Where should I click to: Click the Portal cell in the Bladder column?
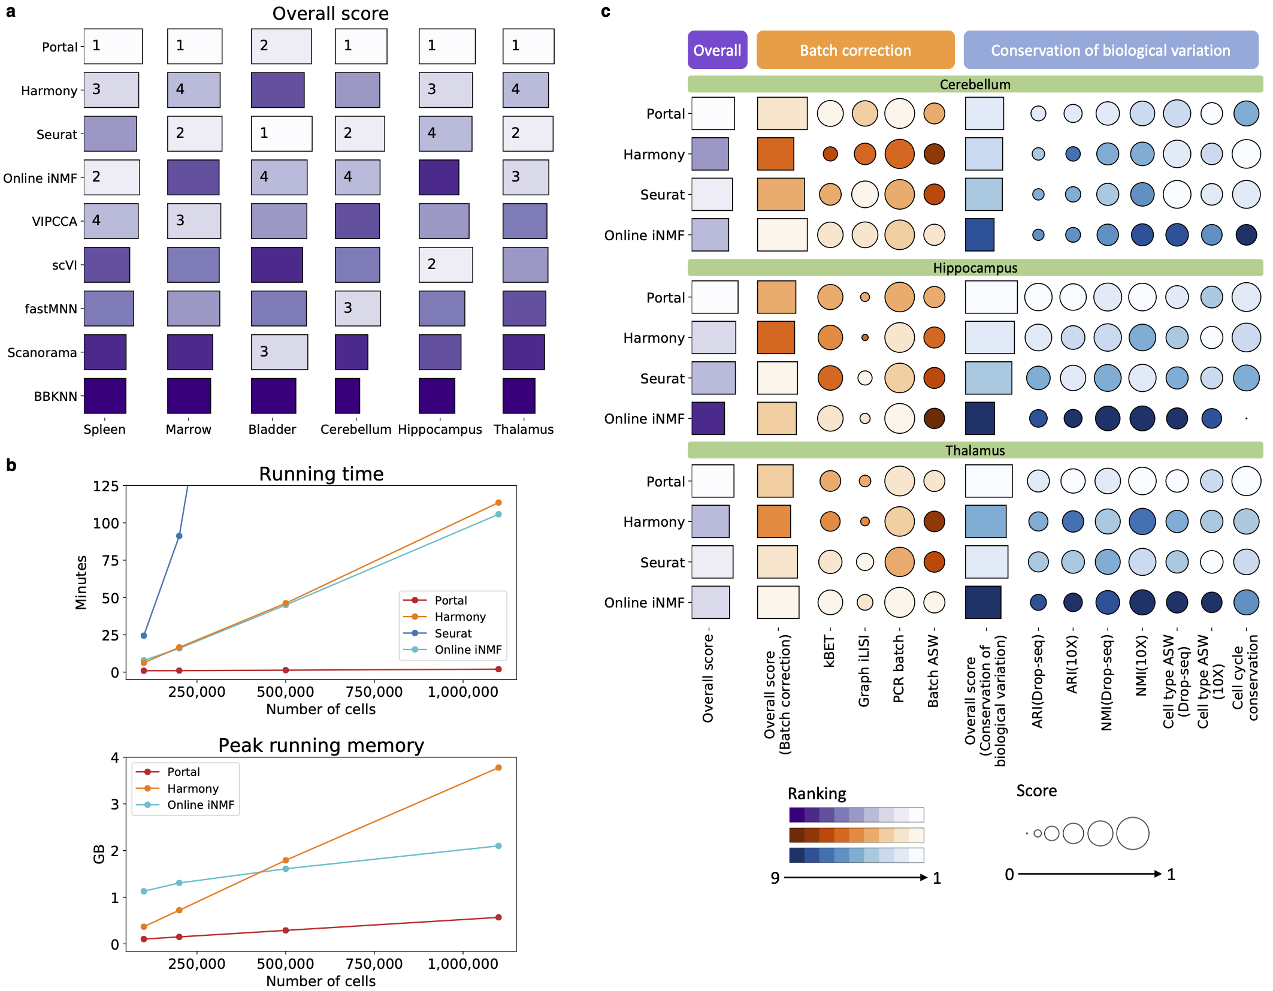pos(281,46)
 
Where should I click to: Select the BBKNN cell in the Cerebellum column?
pos(347,395)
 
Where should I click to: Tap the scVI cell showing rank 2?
pos(445,264)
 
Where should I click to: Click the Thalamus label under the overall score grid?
pos(524,429)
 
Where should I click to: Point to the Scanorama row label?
pos(42,352)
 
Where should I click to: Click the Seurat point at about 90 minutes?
pos(179,536)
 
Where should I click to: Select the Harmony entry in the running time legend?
pos(459,617)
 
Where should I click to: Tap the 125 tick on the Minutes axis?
pos(105,486)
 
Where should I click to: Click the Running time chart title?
pos(321,474)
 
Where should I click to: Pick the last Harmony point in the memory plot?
pos(498,768)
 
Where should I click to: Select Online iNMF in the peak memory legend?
pos(200,805)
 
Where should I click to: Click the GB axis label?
pos(99,854)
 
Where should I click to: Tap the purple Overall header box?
pos(717,50)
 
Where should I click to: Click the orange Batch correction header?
pos(855,50)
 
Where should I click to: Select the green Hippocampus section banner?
pos(975,268)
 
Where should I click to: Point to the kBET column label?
pos(829,652)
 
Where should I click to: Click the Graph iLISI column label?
pos(864,671)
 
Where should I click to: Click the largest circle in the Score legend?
pos(1133,833)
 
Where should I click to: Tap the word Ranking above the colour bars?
pos(817,794)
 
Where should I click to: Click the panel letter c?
pos(606,11)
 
